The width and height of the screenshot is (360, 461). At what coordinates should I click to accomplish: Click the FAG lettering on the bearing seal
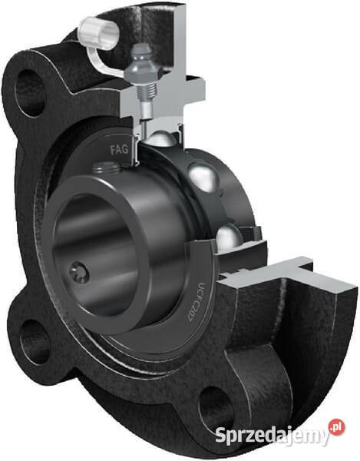pos(119,150)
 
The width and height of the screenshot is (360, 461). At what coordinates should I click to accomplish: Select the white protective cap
pos(99,32)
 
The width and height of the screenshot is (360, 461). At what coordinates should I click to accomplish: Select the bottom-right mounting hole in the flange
pos(215,408)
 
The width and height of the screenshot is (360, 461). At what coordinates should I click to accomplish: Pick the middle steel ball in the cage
pos(203,177)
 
